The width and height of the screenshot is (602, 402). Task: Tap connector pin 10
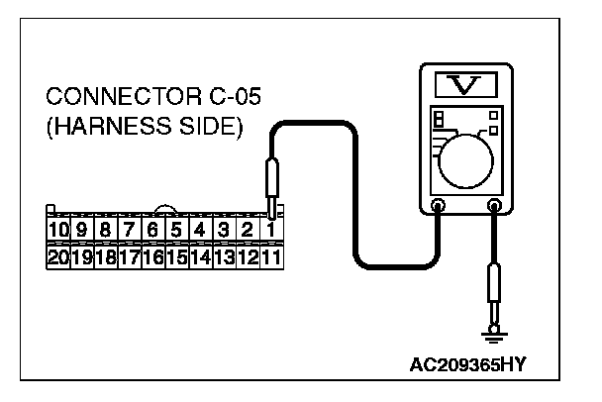pos(57,230)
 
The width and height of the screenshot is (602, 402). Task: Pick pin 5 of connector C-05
pos(176,230)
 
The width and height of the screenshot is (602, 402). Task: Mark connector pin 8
pos(105,230)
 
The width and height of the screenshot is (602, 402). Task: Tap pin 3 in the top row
pos(224,230)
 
